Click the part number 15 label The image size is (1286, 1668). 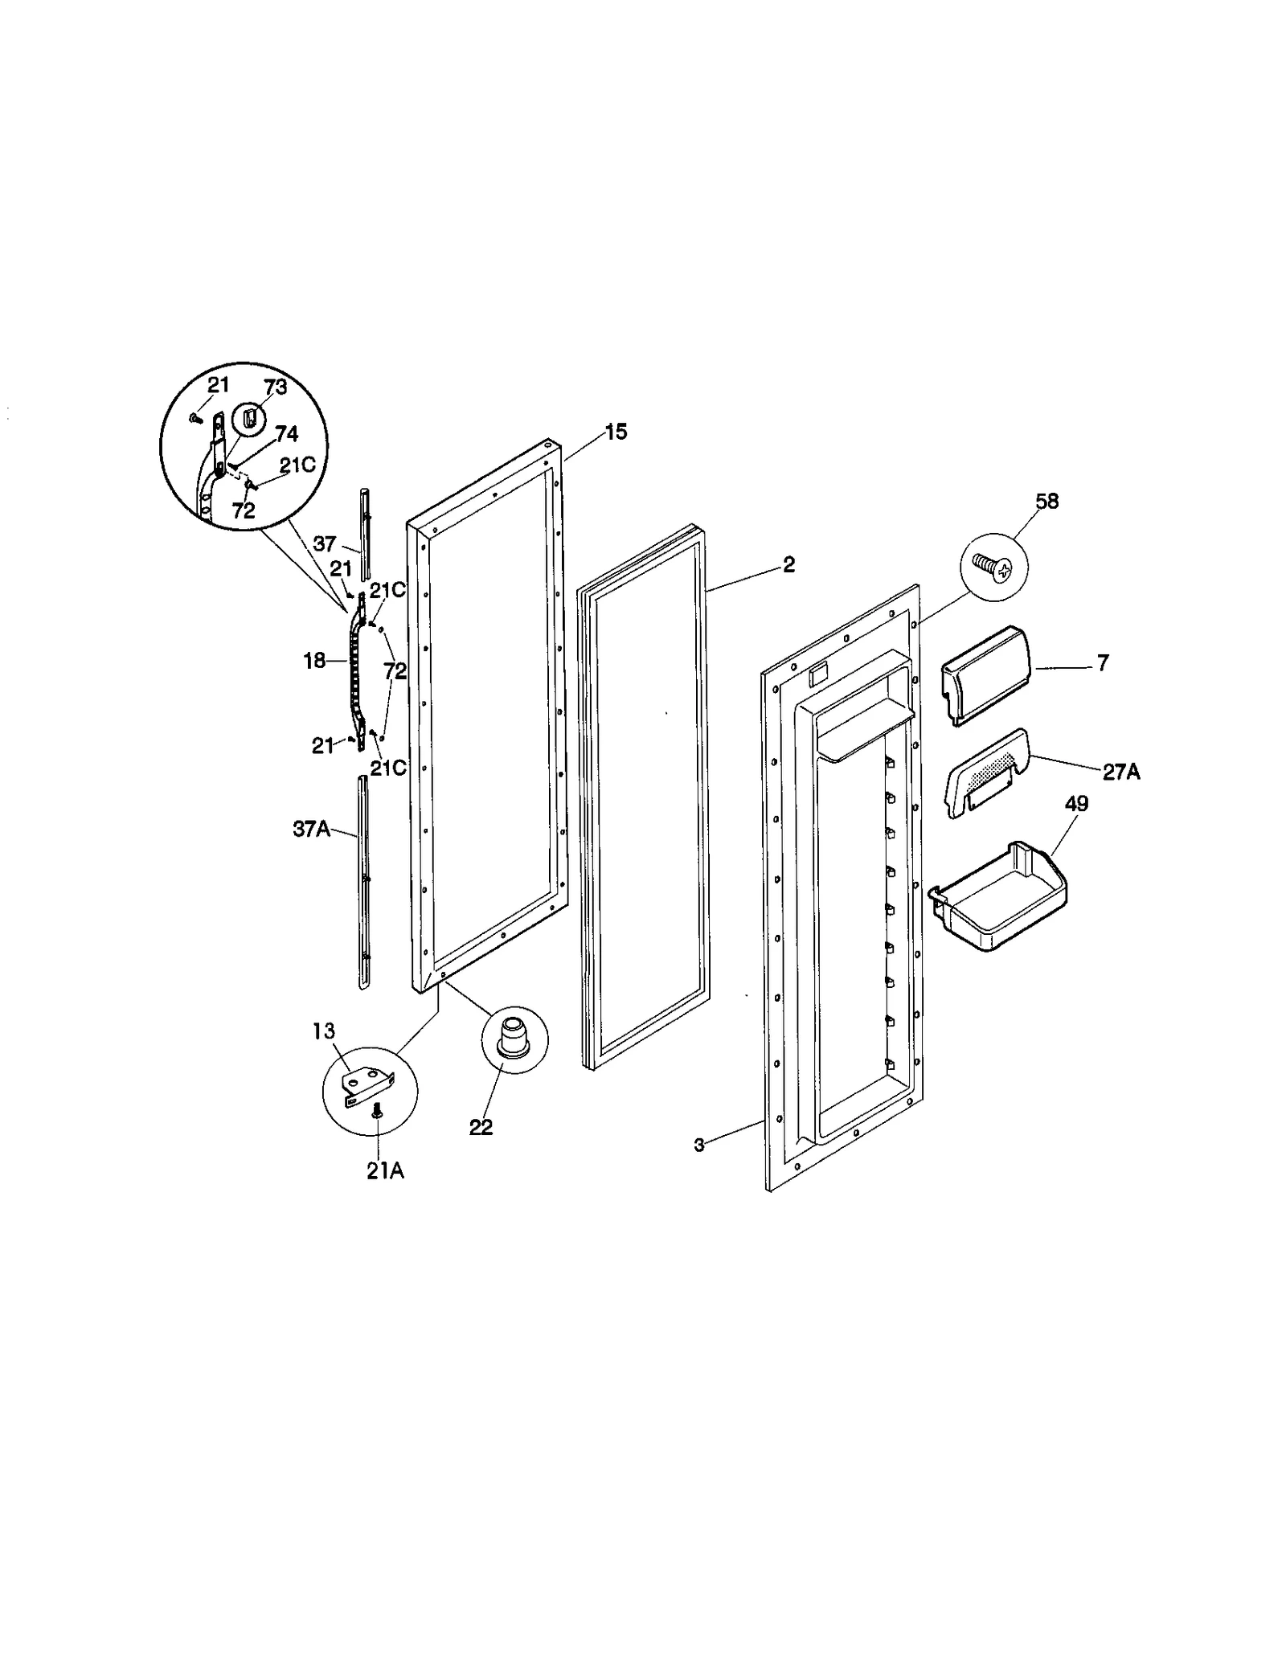pyautogui.click(x=616, y=432)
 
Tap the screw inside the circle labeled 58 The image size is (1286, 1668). pyautogui.click(x=994, y=568)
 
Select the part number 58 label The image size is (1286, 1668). pyautogui.click(x=1047, y=502)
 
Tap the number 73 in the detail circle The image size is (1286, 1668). pyautogui.click(x=276, y=387)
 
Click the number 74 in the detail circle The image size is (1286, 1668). pyautogui.click(x=286, y=434)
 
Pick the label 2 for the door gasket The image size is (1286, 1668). pyautogui.click(x=788, y=565)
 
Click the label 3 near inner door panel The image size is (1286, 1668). pyautogui.click(x=698, y=1145)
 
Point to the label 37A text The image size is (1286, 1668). pyautogui.click(x=312, y=829)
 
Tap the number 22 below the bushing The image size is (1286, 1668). pyautogui.click(x=481, y=1127)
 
